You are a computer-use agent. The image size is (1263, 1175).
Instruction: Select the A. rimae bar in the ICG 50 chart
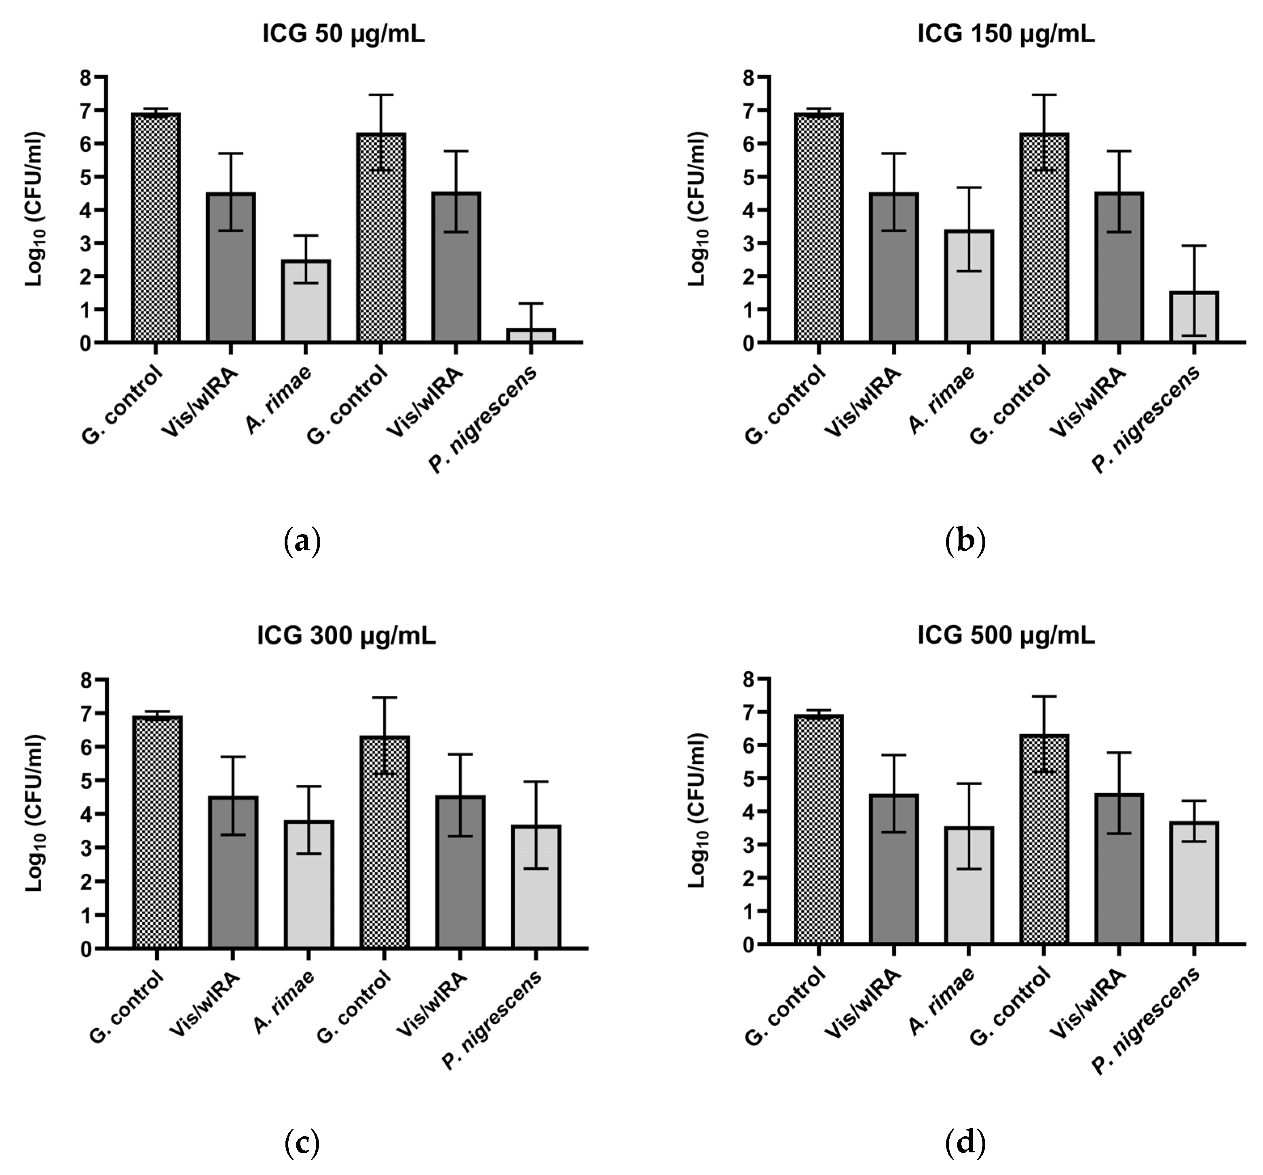click(x=306, y=302)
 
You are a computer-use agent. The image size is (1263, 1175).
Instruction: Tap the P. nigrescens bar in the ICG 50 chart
click(x=531, y=336)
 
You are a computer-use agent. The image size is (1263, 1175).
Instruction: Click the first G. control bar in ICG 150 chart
click(x=819, y=229)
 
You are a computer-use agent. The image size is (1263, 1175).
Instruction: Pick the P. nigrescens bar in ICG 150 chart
click(x=1194, y=318)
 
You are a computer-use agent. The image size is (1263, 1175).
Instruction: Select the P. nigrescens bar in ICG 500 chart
click(x=1194, y=883)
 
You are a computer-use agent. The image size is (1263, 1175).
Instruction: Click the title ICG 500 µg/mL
click(x=1006, y=636)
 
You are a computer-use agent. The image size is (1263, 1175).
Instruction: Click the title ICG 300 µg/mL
click(x=346, y=636)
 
